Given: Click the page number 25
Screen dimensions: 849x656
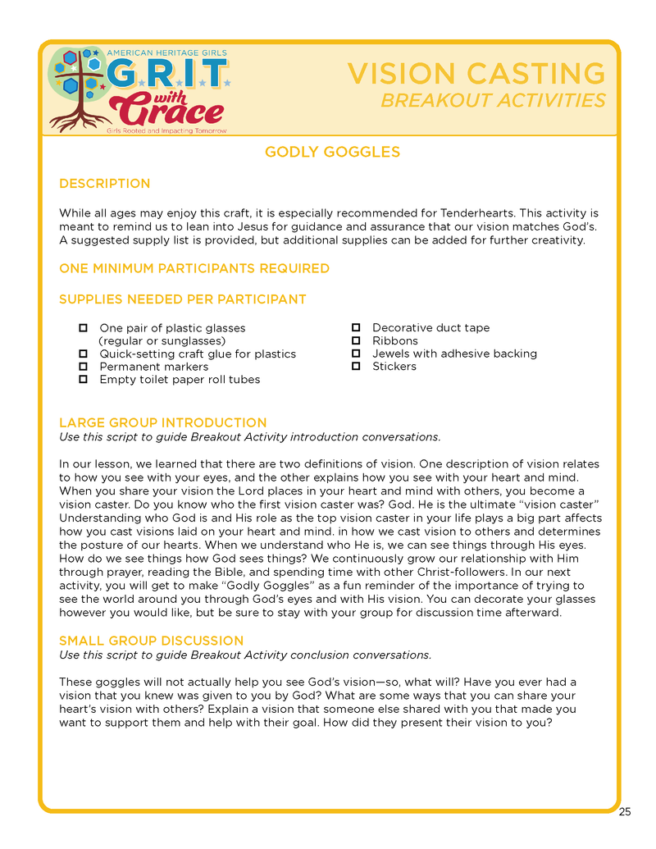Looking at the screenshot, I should (x=625, y=812).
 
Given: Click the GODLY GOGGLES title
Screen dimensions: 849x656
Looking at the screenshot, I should (x=332, y=152).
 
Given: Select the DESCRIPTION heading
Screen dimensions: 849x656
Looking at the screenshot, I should (x=104, y=184).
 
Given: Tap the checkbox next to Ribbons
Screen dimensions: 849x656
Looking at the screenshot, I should (x=356, y=340).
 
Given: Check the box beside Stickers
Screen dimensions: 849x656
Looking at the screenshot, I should (x=356, y=366).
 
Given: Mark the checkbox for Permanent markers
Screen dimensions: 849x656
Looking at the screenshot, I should (x=83, y=367).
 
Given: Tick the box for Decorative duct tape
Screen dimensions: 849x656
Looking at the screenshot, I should (x=356, y=327).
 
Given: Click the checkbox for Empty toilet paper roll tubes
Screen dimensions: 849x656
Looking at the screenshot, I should (x=83, y=380).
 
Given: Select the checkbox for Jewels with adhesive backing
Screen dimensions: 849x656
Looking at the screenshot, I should (x=356, y=354).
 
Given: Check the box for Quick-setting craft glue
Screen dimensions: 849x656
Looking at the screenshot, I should (x=83, y=354).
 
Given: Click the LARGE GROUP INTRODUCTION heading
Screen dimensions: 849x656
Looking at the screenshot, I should (x=162, y=423).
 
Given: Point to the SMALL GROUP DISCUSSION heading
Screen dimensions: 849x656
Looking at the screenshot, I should (x=151, y=641).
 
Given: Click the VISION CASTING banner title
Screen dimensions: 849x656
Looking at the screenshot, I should (x=476, y=74).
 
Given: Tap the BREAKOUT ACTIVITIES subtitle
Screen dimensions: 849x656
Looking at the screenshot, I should (x=493, y=101).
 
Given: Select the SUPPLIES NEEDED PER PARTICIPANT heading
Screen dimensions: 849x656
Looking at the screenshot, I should (x=182, y=299).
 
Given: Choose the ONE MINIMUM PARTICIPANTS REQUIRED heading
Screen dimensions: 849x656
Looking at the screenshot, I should (x=194, y=268).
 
